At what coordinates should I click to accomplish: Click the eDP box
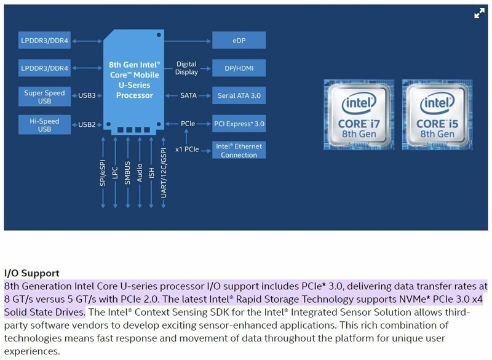[x=239, y=41]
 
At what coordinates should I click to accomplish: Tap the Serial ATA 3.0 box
[x=239, y=96]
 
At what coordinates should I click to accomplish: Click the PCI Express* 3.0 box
[x=239, y=124]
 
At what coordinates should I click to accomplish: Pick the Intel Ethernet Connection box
[x=239, y=151]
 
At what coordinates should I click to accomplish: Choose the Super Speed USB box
[x=45, y=97]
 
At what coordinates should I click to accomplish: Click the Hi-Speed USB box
[x=45, y=125]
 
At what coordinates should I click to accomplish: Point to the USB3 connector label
[x=87, y=96]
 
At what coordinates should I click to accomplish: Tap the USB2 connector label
[x=87, y=124]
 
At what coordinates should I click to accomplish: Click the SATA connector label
[x=188, y=96]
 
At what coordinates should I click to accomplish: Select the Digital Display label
[x=186, y=68]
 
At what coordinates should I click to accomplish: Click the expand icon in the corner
[x=479, y=14]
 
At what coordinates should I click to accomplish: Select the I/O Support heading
[x=32, y=273]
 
